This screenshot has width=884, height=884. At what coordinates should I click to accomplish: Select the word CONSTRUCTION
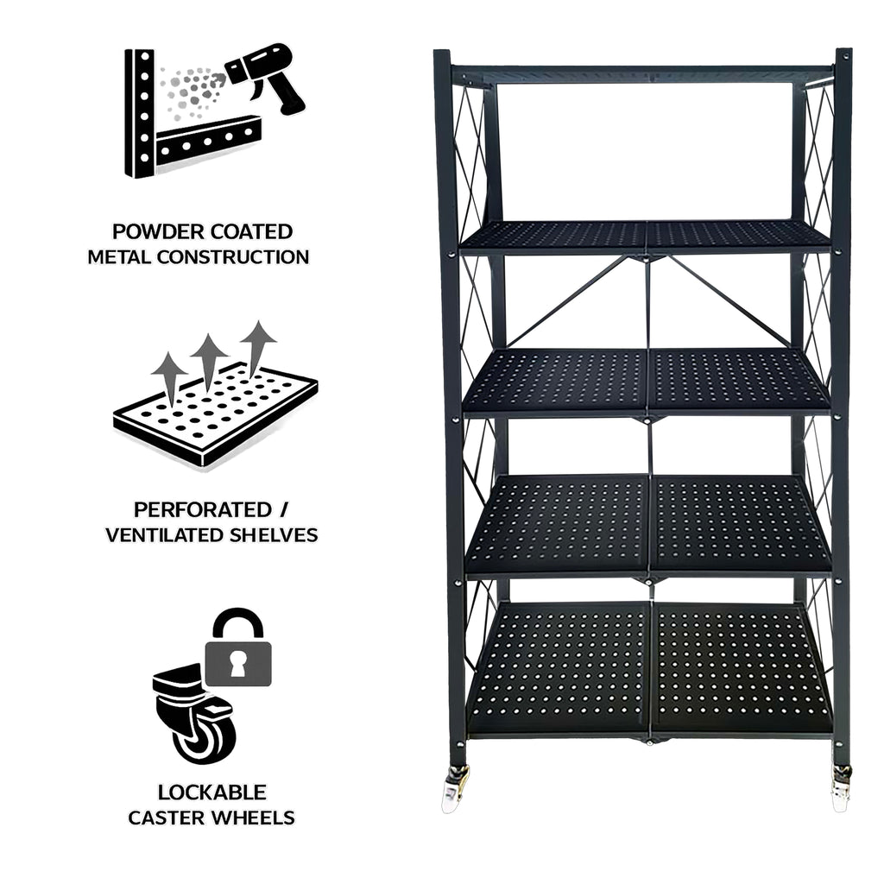coord(233,257)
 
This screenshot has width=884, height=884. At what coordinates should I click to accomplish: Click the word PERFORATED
coord(203,509)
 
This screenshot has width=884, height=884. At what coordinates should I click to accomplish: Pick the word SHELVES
coord(269,535)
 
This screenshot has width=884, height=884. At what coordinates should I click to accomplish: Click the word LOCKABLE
coord(212,792)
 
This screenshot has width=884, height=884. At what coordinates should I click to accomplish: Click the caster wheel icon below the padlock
coord(194,713)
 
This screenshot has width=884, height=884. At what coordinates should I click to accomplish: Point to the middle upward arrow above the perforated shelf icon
coord(209,362)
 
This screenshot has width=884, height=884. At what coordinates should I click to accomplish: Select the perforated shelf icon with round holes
coord(215,414)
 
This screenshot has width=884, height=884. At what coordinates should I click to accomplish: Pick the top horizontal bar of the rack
coord(642,74)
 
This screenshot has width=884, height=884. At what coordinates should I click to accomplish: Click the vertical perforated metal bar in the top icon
coord(140,113)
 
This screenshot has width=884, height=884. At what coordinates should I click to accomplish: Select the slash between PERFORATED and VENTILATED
coord(283,509)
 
